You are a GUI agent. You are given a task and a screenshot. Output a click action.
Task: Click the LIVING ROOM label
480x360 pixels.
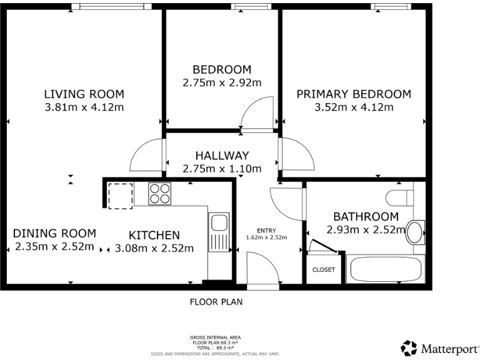[84, 94]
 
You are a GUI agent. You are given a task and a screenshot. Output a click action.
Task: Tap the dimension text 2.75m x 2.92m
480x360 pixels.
[221, 82]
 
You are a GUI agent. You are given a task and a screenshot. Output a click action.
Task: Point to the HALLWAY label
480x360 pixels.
[222, 156]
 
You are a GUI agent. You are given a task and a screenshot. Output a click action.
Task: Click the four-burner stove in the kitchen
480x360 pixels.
[160, 194]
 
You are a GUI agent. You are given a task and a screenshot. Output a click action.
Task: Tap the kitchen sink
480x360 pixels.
[218, 231]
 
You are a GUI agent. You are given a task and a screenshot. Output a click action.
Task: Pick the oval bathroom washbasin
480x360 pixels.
[415, 232]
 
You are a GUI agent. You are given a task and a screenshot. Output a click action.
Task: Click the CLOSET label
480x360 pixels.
[324, 270]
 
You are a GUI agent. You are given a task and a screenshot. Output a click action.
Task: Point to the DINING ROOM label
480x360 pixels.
[54, 234]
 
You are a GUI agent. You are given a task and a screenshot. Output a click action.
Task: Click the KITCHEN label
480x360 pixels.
[154, 236]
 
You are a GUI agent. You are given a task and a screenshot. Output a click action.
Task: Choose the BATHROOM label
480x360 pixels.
[366, 217]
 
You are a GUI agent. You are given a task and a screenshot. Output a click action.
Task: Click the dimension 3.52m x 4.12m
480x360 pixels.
[354, 107]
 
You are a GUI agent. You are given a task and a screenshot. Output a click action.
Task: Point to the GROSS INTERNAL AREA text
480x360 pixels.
[216, 337]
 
